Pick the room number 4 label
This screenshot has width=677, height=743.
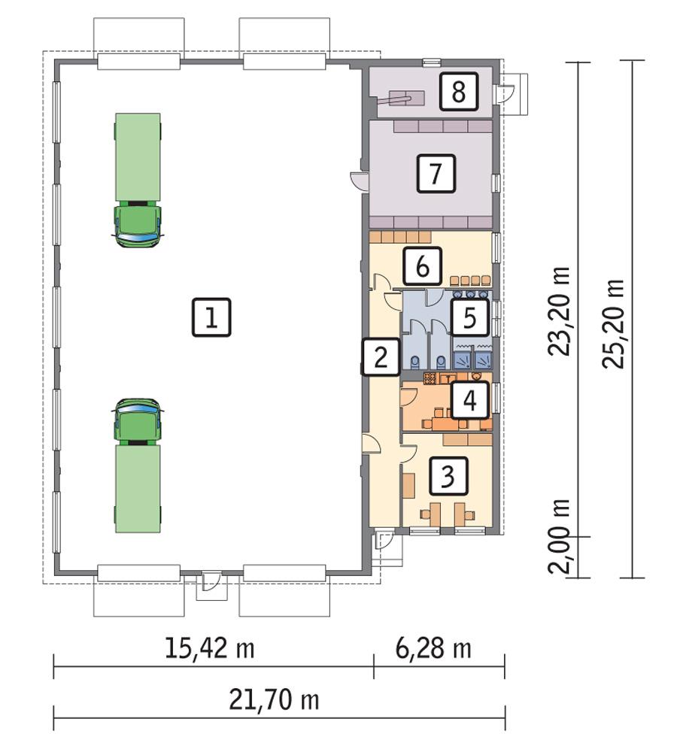click(469, 400)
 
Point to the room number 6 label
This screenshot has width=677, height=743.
click(421, 265)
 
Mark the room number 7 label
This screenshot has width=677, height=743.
click(436, 174)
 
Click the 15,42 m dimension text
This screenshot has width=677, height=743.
click(209, 648)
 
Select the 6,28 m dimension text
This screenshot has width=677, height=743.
click(434, 648)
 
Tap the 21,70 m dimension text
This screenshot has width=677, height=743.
click(274, 700)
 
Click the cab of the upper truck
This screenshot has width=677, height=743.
click(138, 222)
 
